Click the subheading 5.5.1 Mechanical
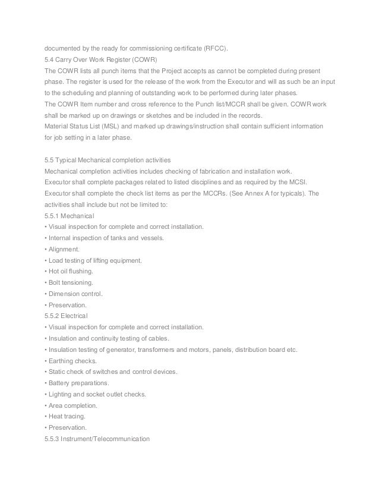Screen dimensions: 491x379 [x=70, y=204]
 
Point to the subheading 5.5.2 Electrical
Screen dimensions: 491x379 [x=65, y=316]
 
